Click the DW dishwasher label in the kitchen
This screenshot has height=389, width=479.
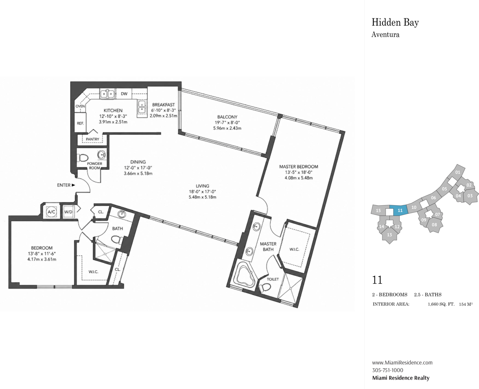click(x=124, y=94)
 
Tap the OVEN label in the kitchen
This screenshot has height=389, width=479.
click(x=80, y=106)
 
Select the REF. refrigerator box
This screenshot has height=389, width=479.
click(x=80, y=123)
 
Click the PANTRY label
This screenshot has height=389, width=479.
click(x=92, y=139)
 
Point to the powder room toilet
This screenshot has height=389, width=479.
click(x=82, y=158)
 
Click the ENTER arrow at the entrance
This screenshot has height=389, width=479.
click(x=73, y=185)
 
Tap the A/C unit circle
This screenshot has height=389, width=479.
click(x=51, y=212)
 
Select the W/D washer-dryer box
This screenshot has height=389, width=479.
click(x=68, y=212)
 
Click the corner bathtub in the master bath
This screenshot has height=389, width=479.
click(x=245, y=276)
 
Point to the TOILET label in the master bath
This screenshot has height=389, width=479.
click(x=273, y=279)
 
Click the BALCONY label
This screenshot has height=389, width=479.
click(x=227, y=117)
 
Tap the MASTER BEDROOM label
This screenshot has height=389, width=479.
click(x=299, y=167)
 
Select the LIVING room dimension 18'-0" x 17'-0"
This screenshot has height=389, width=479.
click(x=203, y=191)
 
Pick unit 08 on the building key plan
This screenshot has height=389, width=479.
click(x=434, y=224)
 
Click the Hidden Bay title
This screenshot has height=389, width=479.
click(x=395, y=23)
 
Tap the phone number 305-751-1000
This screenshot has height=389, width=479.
click(x=388, y=370)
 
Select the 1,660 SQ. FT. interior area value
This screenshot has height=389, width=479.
click(x=441, y=304)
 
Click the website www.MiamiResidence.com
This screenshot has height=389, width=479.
click(x=402, y=362)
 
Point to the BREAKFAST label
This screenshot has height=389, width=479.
click(x=164, y=105)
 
